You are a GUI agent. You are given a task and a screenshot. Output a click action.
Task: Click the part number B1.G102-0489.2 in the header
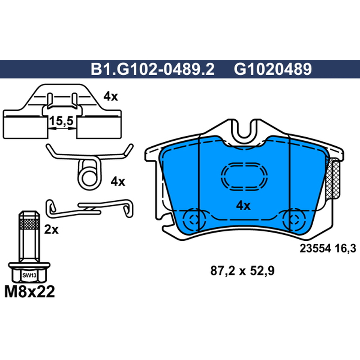153,69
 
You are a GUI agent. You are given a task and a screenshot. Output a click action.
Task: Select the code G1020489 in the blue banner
273,69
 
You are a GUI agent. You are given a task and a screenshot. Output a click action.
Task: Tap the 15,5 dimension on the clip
61,121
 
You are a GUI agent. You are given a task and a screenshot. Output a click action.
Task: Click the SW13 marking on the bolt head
29,275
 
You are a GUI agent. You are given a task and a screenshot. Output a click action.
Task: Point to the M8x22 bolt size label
30,292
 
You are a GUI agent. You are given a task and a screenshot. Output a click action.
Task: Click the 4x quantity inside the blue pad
243,206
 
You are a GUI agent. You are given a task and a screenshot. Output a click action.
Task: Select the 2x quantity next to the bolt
51,229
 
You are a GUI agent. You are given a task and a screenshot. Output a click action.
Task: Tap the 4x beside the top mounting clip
111,96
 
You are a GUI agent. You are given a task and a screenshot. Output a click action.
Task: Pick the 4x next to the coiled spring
118,182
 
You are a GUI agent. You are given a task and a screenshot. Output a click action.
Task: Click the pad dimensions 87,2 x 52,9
243,271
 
